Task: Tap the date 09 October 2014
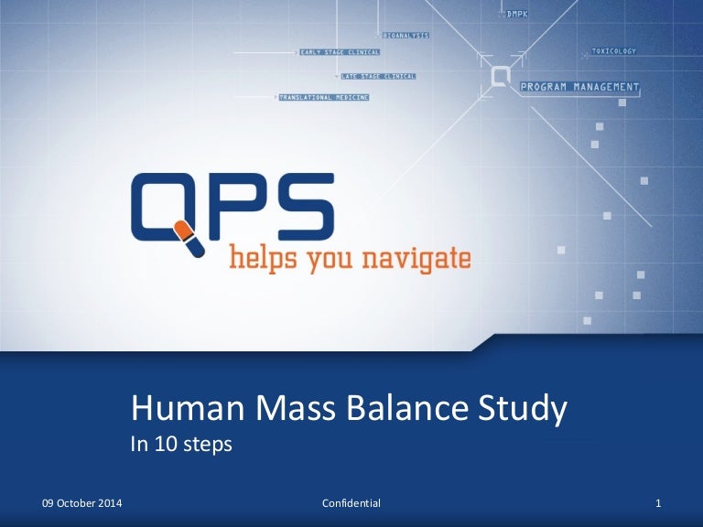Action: click(83, 504)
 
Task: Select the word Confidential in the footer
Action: click(351, 504)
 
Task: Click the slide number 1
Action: click(659, 504)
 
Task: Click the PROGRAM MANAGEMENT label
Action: click(579, 87)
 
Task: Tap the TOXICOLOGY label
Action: click(613, 51)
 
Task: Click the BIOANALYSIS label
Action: click(406, 35)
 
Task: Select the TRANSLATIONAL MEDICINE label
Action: click(324, 96)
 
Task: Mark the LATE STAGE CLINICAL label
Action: click(378, 75)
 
